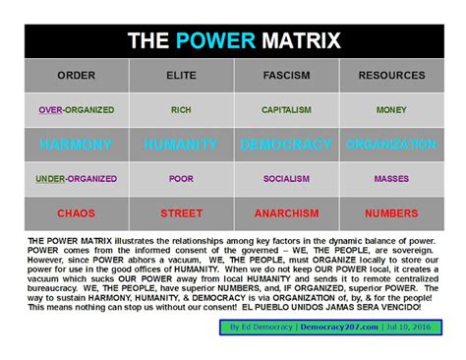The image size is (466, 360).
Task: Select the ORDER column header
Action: (x=76, y=75)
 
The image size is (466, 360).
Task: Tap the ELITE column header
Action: (x=181, y=75)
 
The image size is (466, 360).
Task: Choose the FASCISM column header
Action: (x=286, y=75)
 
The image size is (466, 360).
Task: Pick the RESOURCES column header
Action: (x=391, y=75)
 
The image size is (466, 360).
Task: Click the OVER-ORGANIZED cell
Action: (x=76, y=110)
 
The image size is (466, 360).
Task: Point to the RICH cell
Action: (x=181, y=110)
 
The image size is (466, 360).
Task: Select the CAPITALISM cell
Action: (x=286, y=110)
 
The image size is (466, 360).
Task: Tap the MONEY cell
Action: (x=391, y=110)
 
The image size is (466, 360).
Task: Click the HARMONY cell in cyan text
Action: (x=76, y=145)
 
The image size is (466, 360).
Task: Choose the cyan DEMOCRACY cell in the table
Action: (x=286, y=145)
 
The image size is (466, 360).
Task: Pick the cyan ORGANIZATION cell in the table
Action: (x=391, y=145)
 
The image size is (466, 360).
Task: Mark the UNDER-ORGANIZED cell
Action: (x=76, y=179)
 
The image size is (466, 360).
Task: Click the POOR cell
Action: (x=181, y=179)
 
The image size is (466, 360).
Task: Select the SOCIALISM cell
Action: (x=286, y=179)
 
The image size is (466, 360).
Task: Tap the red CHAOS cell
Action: (x=76, y=212)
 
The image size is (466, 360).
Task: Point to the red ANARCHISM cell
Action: (x=286, y=212)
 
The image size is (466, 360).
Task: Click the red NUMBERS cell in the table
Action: (x=391, y=212)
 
